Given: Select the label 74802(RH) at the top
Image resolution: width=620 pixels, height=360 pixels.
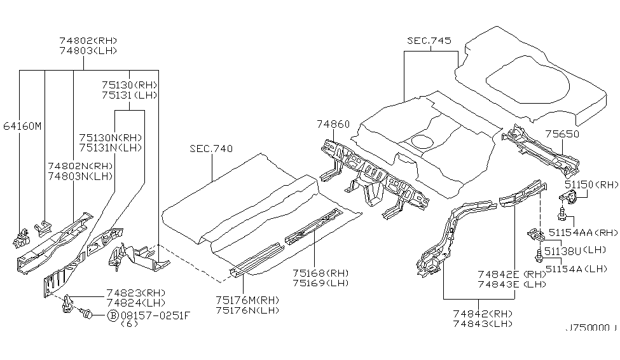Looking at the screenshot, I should click(x=88, y=40).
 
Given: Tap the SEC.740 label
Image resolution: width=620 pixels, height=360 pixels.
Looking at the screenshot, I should click(x=211, y=149).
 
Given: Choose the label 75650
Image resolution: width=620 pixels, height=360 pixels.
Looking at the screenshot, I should click(x=563, y=135).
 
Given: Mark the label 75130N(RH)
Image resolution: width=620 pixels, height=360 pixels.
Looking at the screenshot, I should click(x=110, y=137).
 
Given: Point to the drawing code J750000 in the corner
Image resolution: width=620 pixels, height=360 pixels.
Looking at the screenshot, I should click(x=590, y=347).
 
